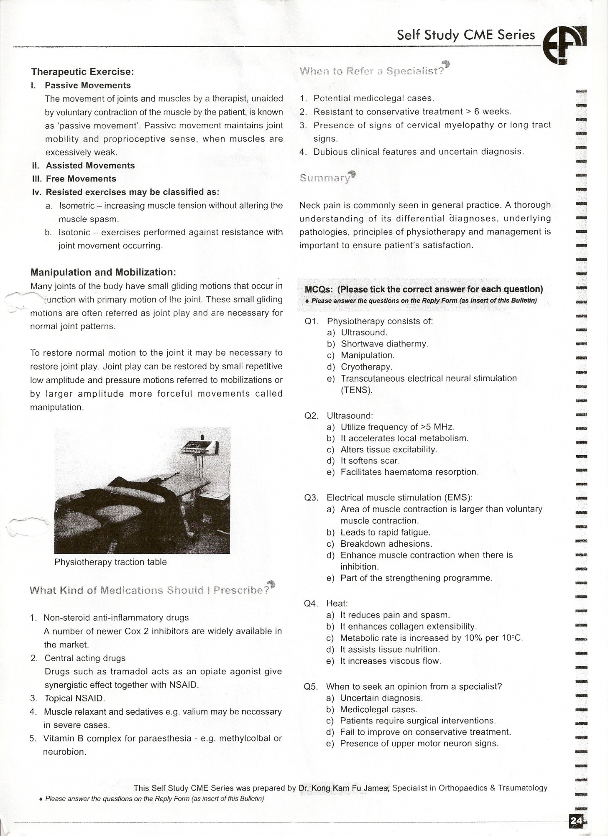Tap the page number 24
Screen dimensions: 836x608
pos(576,821)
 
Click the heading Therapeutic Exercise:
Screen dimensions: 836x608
pos(82,71)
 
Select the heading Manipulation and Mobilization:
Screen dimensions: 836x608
pos(103,272)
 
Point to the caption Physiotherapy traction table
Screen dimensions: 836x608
pos(110,562)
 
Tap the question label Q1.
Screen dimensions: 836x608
pos(312,321)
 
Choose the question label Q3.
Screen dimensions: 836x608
pos(312,497)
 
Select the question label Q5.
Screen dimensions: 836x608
pos(312,686)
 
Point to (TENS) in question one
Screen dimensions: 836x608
pos(356,390)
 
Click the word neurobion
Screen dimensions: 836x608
pos(64,752)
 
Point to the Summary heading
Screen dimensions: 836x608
pos(324,178)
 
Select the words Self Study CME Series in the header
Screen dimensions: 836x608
pos(466,35)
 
